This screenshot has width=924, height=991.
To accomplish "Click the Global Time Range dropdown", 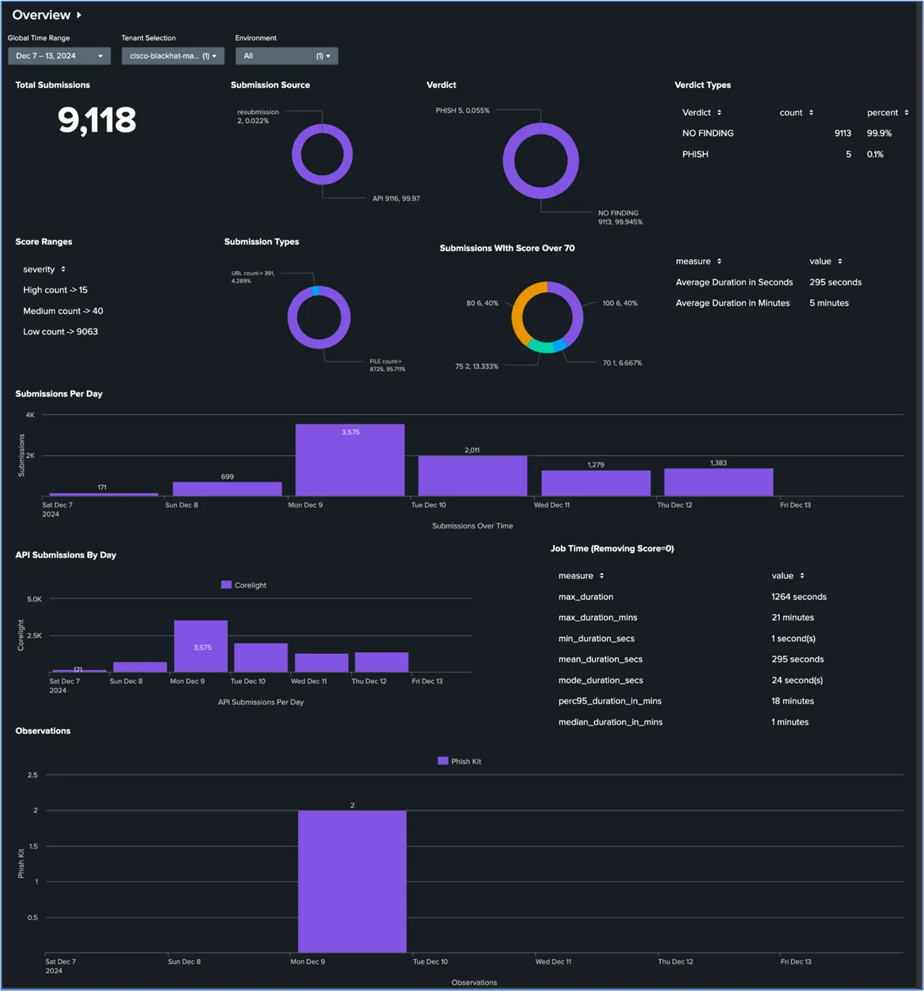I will pyautogui.click(x=59, y=56).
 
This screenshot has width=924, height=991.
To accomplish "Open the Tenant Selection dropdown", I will pyautogui.click(x=172, y=56).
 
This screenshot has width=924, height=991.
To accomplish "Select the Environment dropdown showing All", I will pyautogui.click(x=286, y=56).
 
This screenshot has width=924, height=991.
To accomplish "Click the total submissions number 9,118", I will pyautogui.click(x=97, y=120).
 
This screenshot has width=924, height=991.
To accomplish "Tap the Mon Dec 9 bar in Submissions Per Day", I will pyautogui.click(x=350, y=460).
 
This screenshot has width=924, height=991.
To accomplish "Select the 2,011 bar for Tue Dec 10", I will pyautogui.click(x=472, y=476).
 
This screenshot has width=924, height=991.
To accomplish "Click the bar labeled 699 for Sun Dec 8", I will pyautogui.click(x=227, y=489).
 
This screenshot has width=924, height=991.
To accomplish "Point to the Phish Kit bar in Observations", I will pyautogui.click(x=352, y=881).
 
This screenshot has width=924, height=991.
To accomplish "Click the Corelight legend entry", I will pyautogui.click(x=244, y=585).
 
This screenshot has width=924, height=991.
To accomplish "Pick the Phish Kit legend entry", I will pyautogui.click(x=459, y=761).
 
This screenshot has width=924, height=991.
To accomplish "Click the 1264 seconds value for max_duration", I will pyautogui.click(x=799, y=597).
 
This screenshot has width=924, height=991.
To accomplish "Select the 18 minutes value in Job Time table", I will pyautogui.click(x=792, y=701).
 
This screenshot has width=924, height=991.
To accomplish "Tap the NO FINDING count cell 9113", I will pyautogui.click(x=842, y=133).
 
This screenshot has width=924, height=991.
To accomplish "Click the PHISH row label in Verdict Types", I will pyautogui.click(x=695, y=154).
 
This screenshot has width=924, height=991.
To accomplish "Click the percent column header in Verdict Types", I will pyautogui.click(x=882, y=113).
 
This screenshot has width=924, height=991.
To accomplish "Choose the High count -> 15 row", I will pyautogui.click(x=55, y=290).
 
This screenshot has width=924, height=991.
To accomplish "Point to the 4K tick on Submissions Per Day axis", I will pyautogui.click(x=30, y=415).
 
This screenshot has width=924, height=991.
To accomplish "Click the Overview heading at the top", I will pyautogui.click(x=42, y=15).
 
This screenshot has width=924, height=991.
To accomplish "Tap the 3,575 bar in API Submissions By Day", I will pyautogui.click(x=201, y=646).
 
